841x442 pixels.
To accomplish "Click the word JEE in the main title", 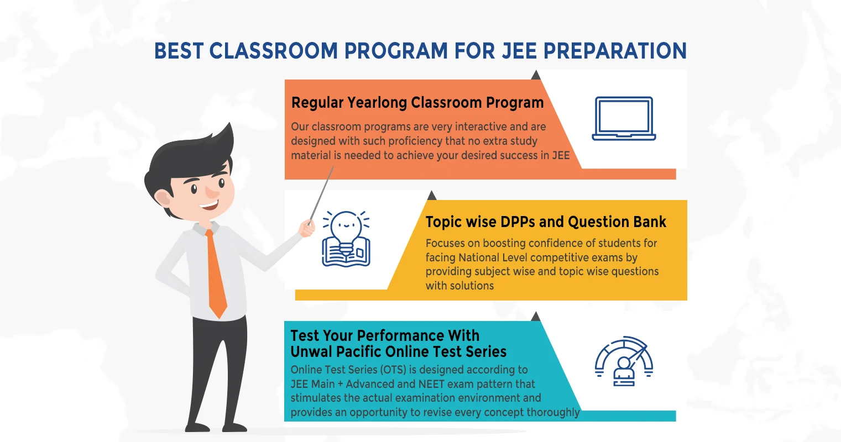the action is tap(519, 51).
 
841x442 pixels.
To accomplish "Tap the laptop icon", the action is tap(624, 119).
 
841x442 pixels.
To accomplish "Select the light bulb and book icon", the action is tap(346, 239).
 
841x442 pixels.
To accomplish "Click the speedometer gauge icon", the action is tap(624, 361).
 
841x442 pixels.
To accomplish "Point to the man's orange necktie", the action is tap(216, 274).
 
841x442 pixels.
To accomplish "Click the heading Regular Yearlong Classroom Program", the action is tap(417, 103).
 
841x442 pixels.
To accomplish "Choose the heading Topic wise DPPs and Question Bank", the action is tap(546, 222).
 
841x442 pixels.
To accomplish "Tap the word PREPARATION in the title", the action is tap(615, 51).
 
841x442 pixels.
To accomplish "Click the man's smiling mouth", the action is tap(209, 205).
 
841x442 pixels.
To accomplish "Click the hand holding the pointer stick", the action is tap(307, 229).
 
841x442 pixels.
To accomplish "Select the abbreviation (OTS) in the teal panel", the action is tap(393, 370).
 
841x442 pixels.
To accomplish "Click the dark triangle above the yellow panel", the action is tap(432, 195).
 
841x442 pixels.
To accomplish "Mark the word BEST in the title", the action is tap(179, 51).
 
